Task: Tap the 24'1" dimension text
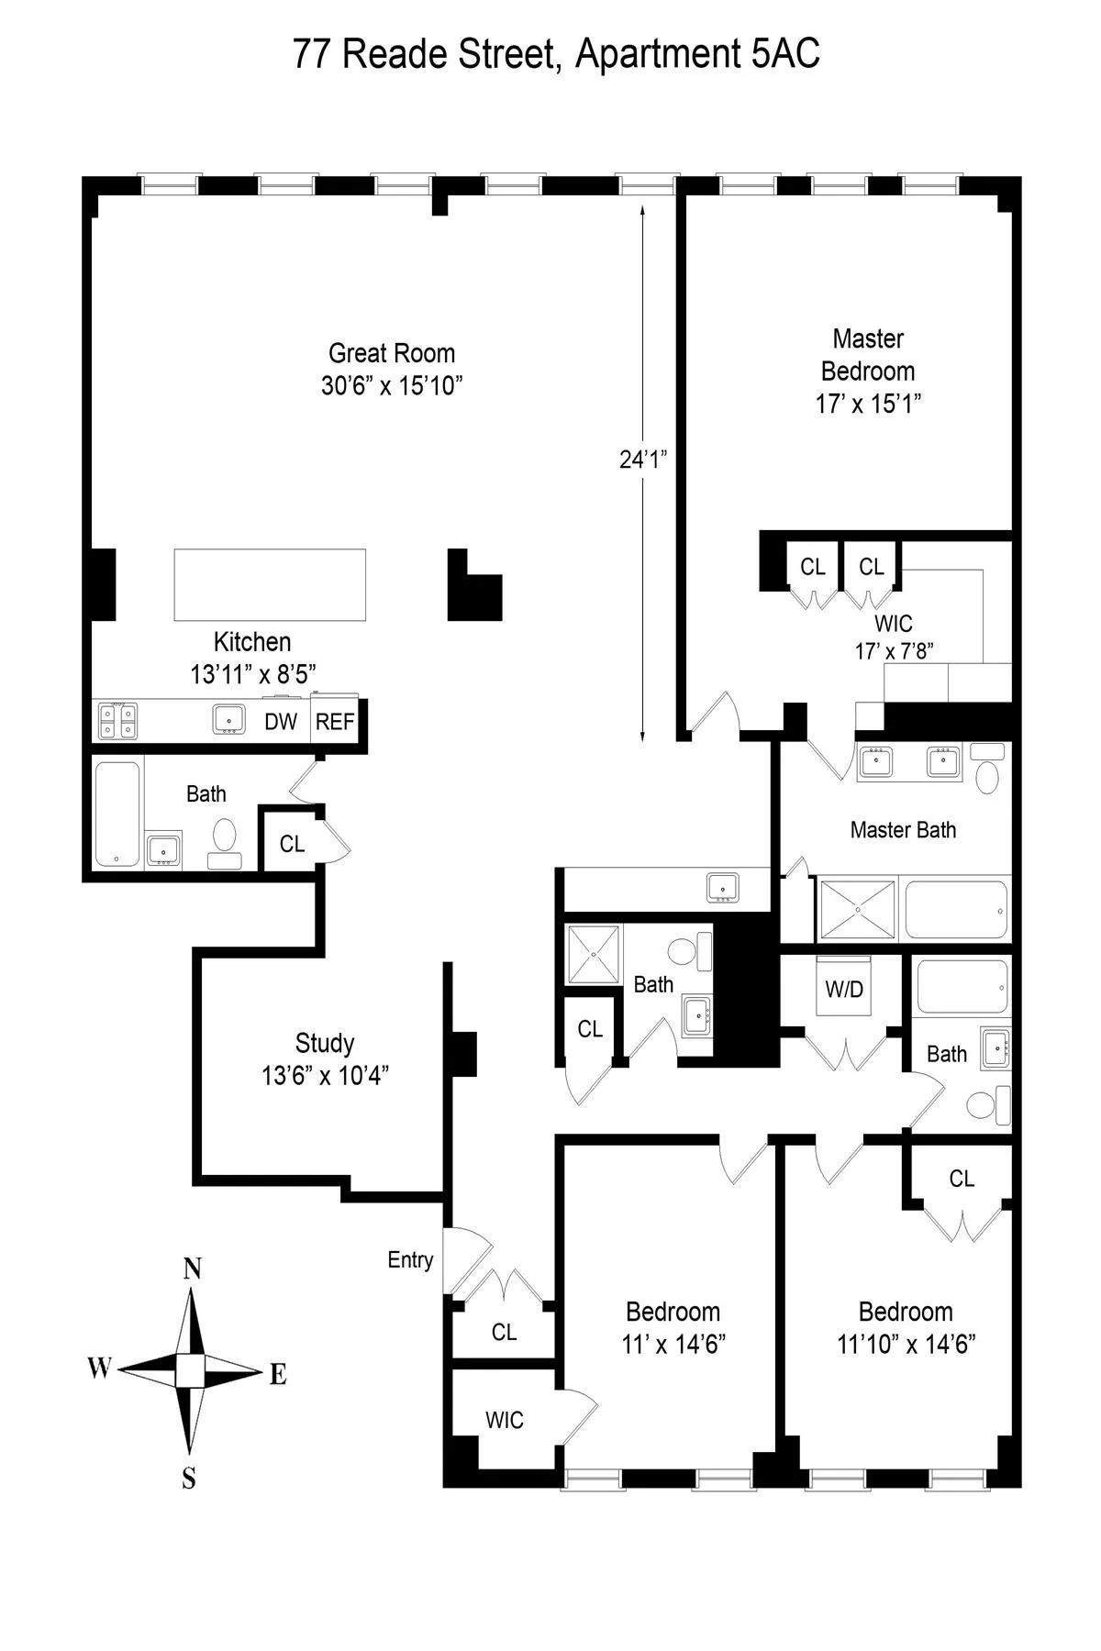[x=641, y=460]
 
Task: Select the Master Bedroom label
[x=868, y=371]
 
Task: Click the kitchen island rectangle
[x=270, y=585]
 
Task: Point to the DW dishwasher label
[x=281, y=722]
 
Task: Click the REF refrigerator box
[x=335, y=722]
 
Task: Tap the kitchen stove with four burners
[x=117, y=721]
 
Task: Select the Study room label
[x=325, y=1058]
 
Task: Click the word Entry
[x=410, y=1260]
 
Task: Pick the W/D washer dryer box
[x=844, y=989]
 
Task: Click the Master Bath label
[x=903, y=830]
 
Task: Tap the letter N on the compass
[x=192, y=1269]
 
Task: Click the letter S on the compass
[x=189, y=1479]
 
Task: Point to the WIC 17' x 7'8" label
[x=894, y=637]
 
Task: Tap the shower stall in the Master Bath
[x=856, y=910]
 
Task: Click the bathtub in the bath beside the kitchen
[x=117, y=814]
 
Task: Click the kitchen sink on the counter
[x=228, y=720]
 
